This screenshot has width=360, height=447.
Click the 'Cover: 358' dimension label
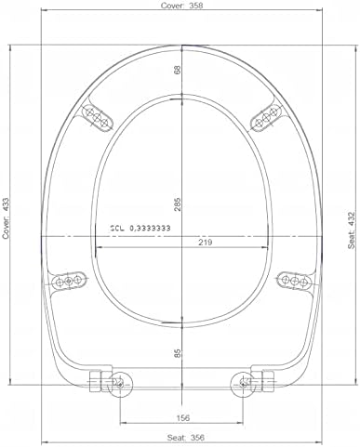[181, 6]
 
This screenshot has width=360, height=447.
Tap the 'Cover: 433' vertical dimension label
[6, 218]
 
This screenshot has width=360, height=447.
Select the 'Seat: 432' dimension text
[351, 230]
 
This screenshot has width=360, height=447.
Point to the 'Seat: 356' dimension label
[186, 438]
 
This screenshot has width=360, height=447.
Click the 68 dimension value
[178, 70]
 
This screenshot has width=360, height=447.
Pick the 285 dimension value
[178, 204]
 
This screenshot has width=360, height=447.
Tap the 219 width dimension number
[205, 243]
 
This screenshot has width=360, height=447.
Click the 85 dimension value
[178, 353]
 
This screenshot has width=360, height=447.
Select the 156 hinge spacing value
[183, 418]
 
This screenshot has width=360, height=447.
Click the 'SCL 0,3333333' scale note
[140, 229]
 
